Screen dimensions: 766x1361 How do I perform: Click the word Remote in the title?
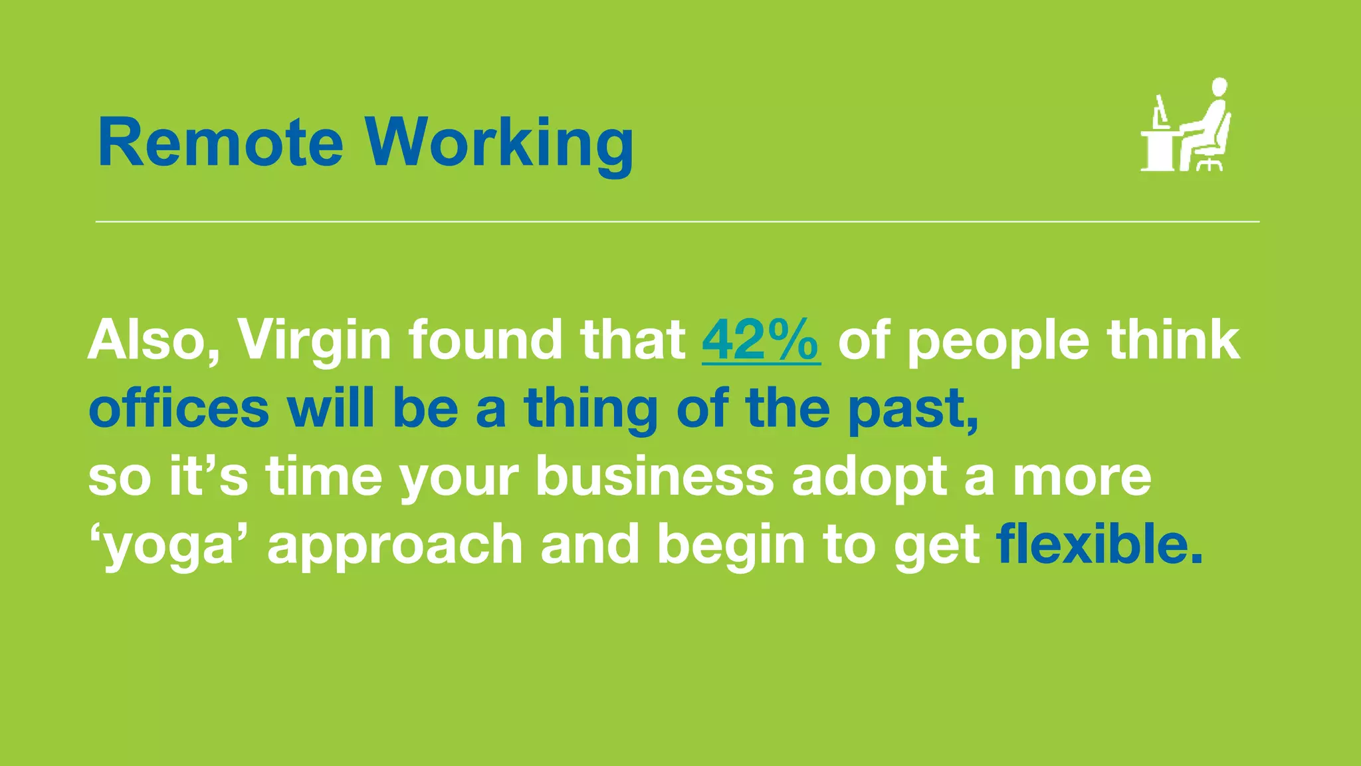click(220, 143)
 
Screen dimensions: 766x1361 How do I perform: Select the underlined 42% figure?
click(761, 340)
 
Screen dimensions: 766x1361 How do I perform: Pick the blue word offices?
click(179, 408)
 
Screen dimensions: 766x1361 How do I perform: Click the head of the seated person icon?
click(1219, 88)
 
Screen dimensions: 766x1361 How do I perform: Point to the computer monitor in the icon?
click(1161, 110)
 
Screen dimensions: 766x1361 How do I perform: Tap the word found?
click(485, 340)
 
